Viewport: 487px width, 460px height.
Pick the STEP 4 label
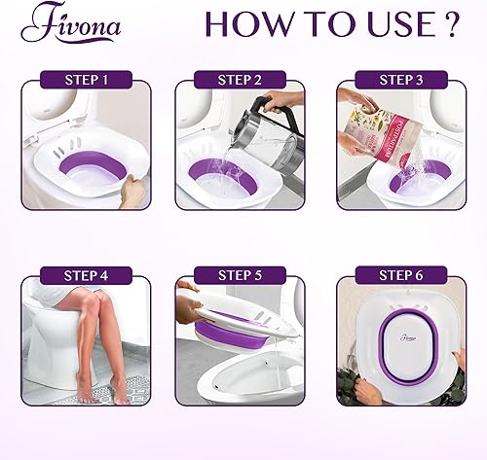(x=86, y=275)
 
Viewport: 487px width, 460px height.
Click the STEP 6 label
(x=401, y=275)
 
